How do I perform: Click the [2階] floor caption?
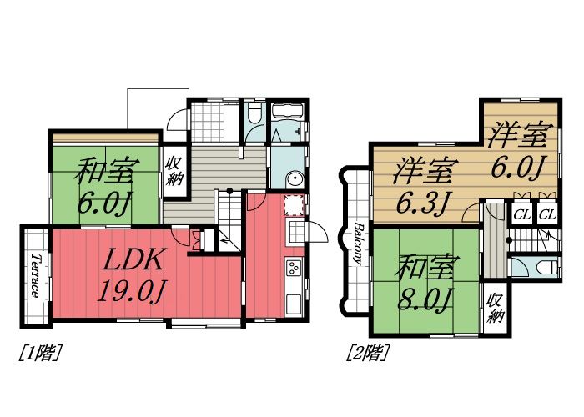(368, 353)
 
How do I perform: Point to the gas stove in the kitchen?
(294, 269)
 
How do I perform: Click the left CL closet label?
(521, 215)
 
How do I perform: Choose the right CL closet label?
(546, 215)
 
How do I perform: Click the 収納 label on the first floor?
(174, 171)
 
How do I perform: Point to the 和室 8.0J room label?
(425, 284)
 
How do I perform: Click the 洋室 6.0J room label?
(518, 149)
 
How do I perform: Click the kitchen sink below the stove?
(293, 299)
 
